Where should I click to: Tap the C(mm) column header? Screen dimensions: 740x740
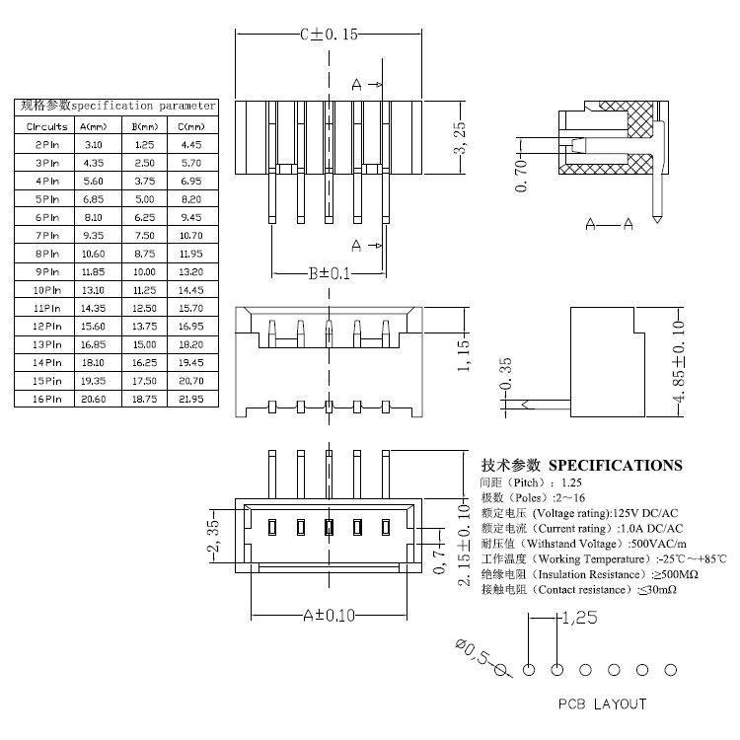coord(191,126)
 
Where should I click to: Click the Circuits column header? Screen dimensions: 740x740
coord(46,126)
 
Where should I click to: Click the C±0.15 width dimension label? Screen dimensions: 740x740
coord(329,34)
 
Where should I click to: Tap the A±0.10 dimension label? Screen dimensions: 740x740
coord(329,615)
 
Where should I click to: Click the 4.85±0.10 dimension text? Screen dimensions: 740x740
coord(678,361)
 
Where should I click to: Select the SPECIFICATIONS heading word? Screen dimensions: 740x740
coord(615,465)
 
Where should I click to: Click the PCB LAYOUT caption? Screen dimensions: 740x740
coord(603,703)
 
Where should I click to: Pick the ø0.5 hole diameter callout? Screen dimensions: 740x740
coord(478,655)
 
